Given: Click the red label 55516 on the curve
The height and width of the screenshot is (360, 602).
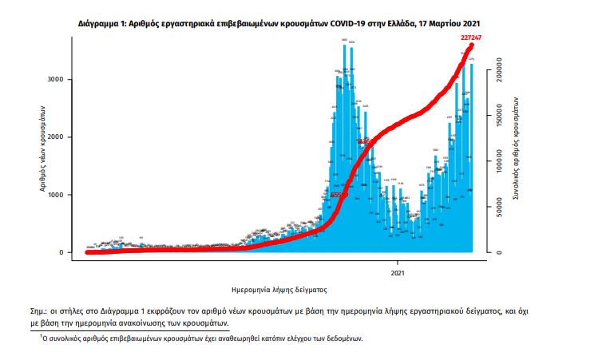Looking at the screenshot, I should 339,194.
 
